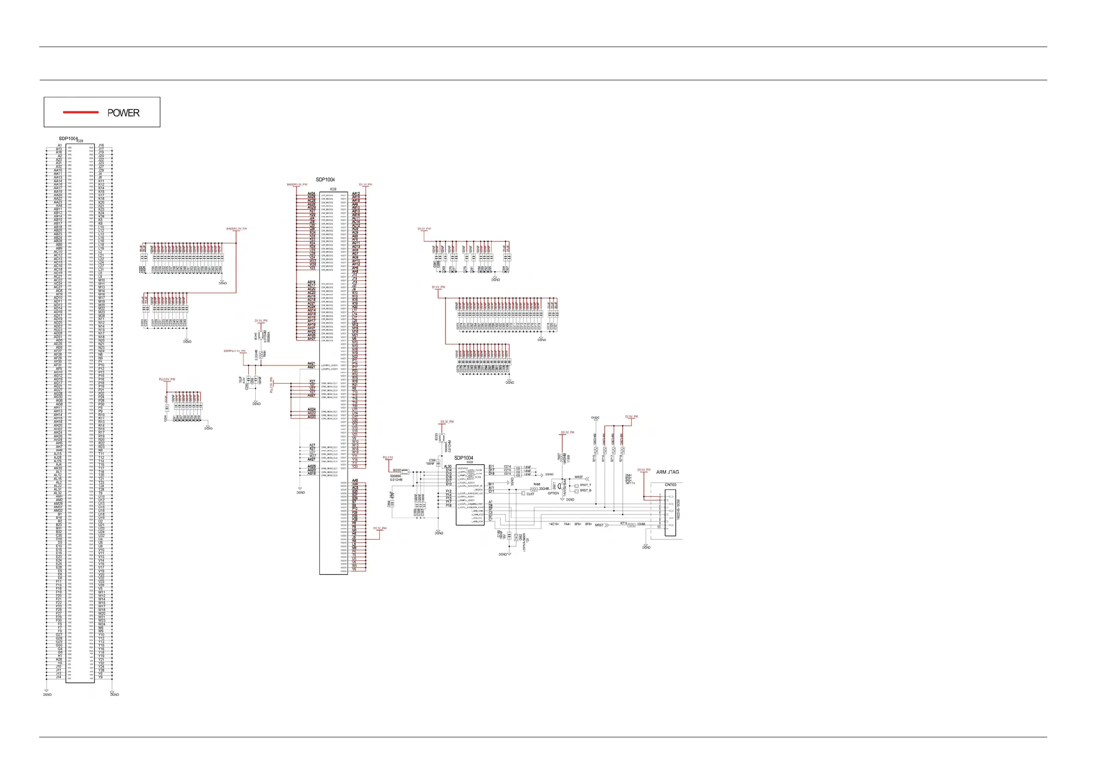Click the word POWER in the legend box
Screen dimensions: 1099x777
(x=123, y=113)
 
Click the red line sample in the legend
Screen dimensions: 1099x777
(x=80, y=113)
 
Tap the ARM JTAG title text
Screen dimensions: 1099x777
(x=667, y=472)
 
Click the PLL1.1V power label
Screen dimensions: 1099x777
(x=388, y=458)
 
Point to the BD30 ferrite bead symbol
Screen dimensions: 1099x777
(x=405, y=471)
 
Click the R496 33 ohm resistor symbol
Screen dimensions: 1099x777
(x=534, y=489)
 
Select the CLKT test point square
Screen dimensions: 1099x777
(x=523, y=493)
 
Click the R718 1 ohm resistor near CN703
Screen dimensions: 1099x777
(x=631, y=525)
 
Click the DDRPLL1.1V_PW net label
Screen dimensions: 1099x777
(x=234, y=351)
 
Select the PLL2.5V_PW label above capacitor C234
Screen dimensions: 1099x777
(x=167, y=379)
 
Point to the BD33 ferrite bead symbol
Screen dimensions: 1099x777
(x=442, y=437)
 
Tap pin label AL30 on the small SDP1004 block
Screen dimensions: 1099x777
(x=448, y=466)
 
